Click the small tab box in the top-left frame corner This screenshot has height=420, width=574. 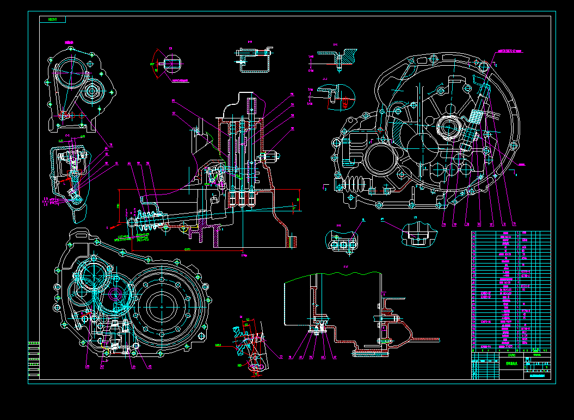(53, 20)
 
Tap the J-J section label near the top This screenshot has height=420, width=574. (325, 79)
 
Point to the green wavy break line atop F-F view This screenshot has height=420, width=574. (332, 275)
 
